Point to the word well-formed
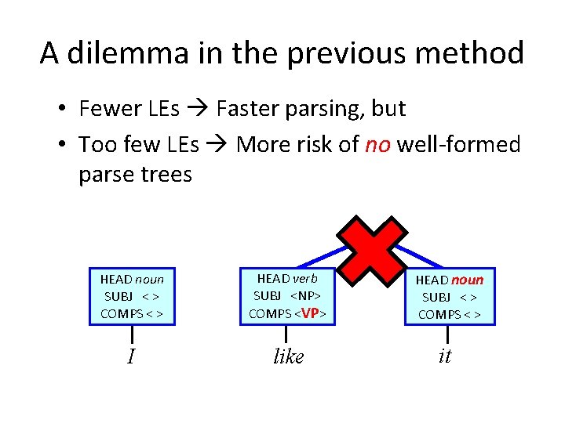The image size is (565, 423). pos(459,144)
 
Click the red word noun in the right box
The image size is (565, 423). pos(468,280)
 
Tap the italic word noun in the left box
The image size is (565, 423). pos(149,279)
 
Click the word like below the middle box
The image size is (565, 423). pos(288,357)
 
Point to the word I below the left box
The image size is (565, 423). pos(131,357)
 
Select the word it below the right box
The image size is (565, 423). pos(445,356)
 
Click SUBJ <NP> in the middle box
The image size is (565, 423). pos(288,296)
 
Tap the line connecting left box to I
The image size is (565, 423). pos(131,333)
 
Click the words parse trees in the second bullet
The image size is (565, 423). pos(135,174)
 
